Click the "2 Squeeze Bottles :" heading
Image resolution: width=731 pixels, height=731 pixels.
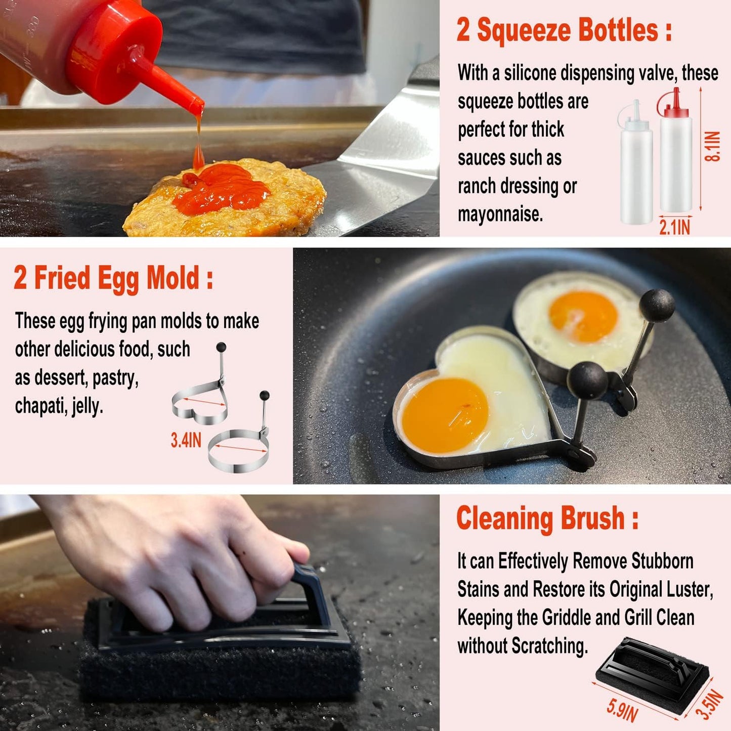coord(564,30)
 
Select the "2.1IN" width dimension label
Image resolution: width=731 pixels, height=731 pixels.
coord(674,227)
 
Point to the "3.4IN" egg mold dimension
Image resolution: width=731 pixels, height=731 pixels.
coord(186,440)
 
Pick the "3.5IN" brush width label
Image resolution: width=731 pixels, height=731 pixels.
coord(710,704)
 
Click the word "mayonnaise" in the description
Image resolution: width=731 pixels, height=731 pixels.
coord(499,214)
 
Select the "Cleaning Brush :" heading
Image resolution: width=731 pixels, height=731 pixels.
coord(547,519)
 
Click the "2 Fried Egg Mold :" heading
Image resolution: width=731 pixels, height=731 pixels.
coord(113,278)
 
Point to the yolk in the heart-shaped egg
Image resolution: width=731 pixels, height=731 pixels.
coord(445,415)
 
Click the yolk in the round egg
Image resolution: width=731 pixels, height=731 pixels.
coord(583,316)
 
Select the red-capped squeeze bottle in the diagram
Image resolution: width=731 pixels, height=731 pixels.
coord(675,152)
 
